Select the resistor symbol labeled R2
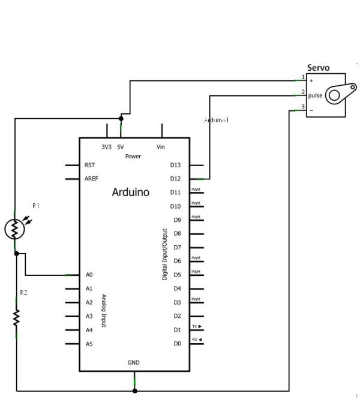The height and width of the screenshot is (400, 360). coord(16,317)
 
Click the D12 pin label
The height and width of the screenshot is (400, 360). coord(176,179)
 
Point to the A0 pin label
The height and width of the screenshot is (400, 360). coord(89,275)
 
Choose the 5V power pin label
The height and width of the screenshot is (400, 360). coord(121,147)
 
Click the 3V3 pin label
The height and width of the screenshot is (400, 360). coord(106,147)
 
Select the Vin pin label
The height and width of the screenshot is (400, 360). coord(161,147)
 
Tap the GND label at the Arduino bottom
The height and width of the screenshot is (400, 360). coord(134,363)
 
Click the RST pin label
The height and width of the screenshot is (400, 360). coord(90,164)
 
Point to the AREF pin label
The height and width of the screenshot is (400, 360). coord(92,179)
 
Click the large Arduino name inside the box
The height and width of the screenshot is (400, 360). coord(131,193)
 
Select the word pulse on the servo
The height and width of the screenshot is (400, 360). coord(316,95)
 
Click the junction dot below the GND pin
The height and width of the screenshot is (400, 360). coord(134,390)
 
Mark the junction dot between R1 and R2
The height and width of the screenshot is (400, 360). coord(16,254)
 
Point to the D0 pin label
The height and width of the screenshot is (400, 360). coord(176,344)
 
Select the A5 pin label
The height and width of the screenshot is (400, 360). coord(89,344)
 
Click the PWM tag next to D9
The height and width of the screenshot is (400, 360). coord(196,217)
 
